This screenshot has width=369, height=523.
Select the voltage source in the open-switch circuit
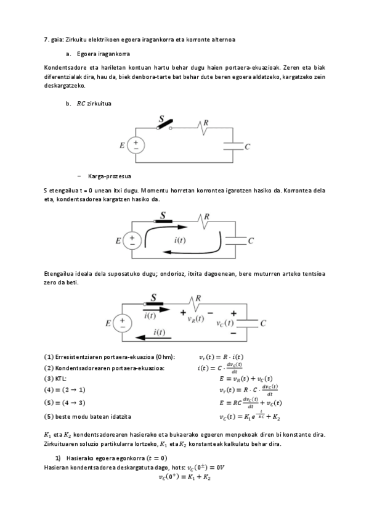pos(136,146)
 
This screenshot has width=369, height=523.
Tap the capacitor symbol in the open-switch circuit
pos(233,146)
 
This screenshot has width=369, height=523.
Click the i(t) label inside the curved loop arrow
pos(182,239)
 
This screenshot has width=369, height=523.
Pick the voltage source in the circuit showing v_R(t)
pos(122,323)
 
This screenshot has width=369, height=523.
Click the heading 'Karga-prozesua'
pos(106,175)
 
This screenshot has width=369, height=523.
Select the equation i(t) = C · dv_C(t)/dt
pos(224,368)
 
